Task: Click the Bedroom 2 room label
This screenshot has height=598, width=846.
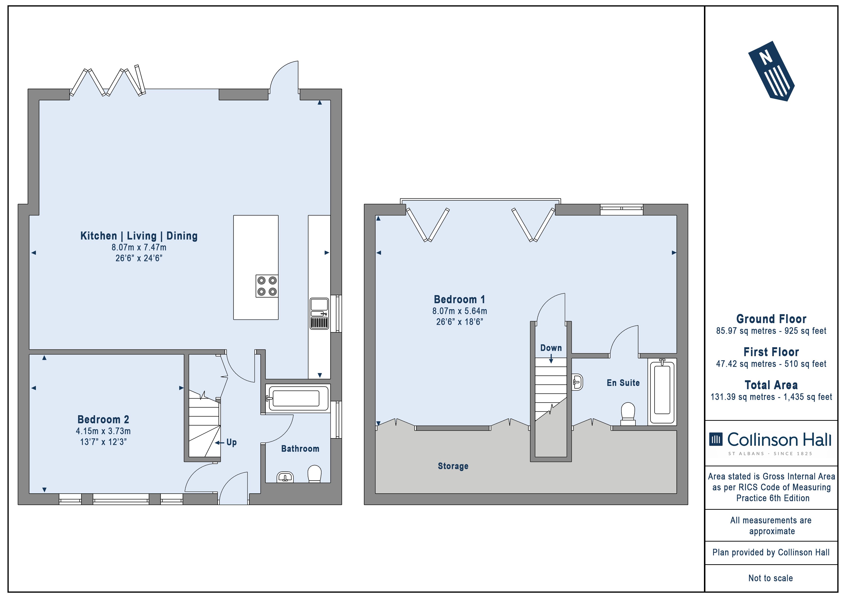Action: pos(103,419)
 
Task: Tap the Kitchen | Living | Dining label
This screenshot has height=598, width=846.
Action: pos(139,236)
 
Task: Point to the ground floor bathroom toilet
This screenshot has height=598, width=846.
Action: pos(314,474)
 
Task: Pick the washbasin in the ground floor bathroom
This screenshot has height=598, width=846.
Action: pos(285,477)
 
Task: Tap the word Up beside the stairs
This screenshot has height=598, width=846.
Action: pos(232,442)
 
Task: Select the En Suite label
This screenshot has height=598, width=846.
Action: pos(623,383)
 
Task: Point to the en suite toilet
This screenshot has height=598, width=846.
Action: pos(628,414)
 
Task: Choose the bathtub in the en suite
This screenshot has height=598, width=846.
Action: pos(662,392)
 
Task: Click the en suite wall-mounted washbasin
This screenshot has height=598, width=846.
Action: pos(577,382)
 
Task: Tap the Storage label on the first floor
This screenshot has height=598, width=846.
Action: pos(453,466)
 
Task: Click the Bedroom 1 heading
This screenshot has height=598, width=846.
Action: pos(459,299)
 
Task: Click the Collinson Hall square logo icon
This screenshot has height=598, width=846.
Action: pos(716,439)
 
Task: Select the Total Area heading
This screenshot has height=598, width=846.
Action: pos(771,385)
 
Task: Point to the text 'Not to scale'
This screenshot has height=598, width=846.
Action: pos(771,578)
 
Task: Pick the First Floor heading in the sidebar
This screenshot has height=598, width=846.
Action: pos(771,352)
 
